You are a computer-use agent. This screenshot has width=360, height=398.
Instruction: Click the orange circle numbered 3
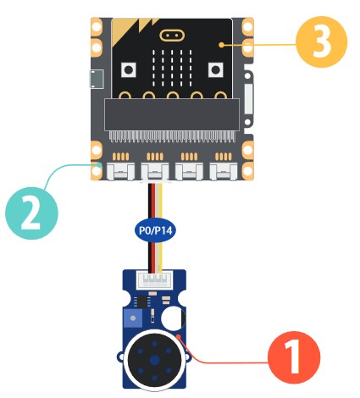(321, 41)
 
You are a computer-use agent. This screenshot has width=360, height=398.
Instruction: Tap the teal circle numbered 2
(31, 213)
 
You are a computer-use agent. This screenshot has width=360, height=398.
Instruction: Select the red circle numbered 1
(294, 357)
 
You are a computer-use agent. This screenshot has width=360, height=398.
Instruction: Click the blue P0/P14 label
(155, 230)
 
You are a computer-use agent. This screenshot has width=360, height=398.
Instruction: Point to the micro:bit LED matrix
(172, 69)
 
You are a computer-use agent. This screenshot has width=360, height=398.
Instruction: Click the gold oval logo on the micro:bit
(172, 36)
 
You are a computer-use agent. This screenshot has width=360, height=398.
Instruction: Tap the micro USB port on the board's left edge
(96, 79)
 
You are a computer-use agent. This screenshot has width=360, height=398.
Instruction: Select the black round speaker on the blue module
(154, 360)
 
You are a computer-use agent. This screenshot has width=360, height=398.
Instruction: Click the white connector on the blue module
(155, 280)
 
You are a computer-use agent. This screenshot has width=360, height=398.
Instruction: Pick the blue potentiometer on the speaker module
(133, 318)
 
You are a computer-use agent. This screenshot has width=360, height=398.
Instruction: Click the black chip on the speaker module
(141, 301)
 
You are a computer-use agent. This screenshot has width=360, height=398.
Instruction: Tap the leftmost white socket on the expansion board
(121, 172)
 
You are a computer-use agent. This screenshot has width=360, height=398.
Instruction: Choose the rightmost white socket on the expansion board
(224, 172)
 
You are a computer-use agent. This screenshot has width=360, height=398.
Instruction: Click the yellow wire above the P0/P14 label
(160, 202)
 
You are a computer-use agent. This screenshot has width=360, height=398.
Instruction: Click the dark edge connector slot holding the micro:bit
(172, 114)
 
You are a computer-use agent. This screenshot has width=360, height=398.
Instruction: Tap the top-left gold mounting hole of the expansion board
(97, 26)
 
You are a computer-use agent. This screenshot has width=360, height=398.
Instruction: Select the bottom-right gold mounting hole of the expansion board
(247, 171)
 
